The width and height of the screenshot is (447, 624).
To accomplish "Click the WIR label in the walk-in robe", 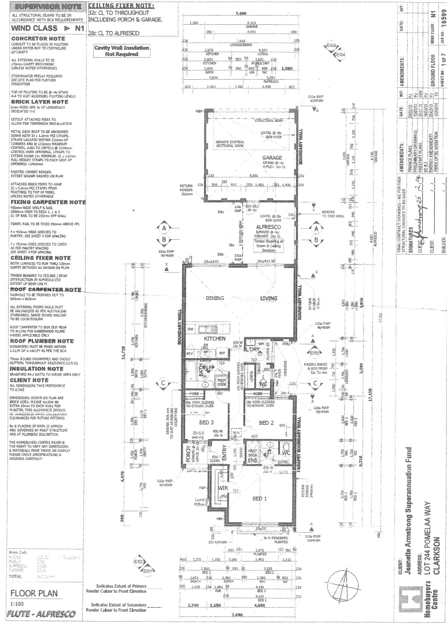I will pos(223,488).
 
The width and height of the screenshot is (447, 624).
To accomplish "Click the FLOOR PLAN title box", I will pos(36,594).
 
